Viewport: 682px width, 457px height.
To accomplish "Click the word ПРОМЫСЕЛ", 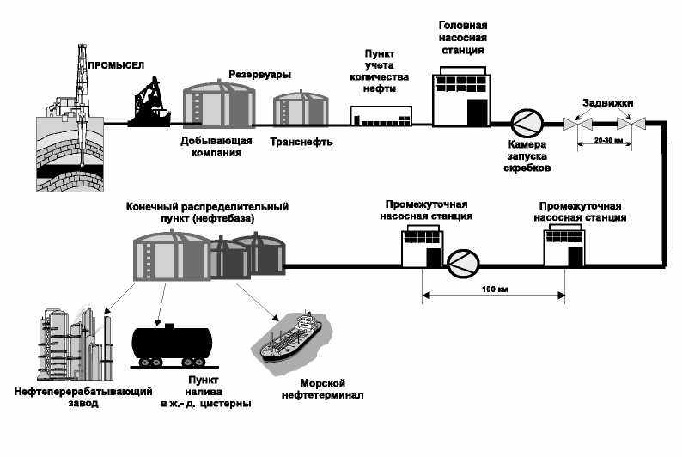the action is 116,65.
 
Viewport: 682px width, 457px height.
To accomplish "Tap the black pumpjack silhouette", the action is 149,102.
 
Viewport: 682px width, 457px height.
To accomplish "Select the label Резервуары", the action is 259,75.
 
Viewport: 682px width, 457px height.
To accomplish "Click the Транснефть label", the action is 301,142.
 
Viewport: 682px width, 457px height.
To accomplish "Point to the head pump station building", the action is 461,96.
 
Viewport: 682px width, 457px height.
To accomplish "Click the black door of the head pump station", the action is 477,113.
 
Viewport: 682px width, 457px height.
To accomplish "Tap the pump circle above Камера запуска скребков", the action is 527,124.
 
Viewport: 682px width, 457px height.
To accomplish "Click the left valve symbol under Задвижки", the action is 577,124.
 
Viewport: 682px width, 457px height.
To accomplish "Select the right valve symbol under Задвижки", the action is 631,124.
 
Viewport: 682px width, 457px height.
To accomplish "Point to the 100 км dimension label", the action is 495,289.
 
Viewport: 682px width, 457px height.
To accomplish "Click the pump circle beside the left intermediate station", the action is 463,265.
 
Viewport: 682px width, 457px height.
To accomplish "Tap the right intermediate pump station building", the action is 564,246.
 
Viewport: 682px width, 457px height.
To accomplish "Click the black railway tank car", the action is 173,345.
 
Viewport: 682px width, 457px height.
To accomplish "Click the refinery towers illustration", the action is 77,344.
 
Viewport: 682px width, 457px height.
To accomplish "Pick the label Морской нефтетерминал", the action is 322,389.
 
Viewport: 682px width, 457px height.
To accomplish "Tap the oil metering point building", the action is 381,116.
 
